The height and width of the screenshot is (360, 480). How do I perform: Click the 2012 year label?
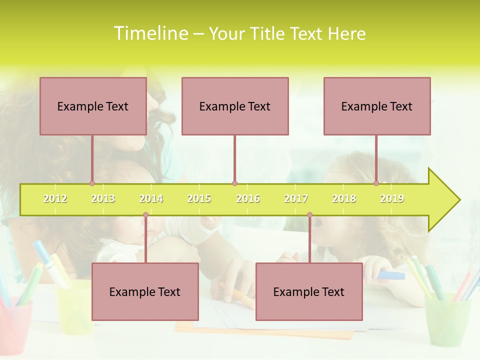click(x=55, y=198)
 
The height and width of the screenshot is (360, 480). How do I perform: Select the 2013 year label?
click(x=103, y=198)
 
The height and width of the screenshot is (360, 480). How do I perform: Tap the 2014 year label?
click(x=151, y=198)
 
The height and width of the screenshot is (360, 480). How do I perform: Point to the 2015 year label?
click(x=199, y=198)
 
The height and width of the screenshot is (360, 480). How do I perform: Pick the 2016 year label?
click(x=248, y=198)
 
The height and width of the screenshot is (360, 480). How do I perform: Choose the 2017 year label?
click(x=296, y=198)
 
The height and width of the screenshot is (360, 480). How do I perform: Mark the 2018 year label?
click(x=344, y=198)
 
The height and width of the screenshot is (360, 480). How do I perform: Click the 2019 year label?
click(x=392, y=198)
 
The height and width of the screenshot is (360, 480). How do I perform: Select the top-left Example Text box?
click(x=93, y=106)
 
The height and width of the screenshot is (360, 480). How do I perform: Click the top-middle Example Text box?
click(x=235, y=106)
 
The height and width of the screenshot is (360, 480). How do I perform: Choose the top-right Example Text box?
click(x=377, y=106)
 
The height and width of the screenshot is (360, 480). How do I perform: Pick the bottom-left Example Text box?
click(x=145, y=291)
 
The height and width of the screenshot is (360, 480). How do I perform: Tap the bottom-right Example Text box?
click(x=309, y=291)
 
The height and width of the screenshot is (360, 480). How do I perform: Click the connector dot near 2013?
click(x=92, y=183)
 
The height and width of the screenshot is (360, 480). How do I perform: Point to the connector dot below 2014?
click(x=145, y=215)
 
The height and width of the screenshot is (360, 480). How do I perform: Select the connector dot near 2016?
click(x=234, y=183)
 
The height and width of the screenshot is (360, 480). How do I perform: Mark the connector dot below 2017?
click(x=309, y=215)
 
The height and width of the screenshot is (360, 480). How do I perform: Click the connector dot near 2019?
click(x=376, y=183)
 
